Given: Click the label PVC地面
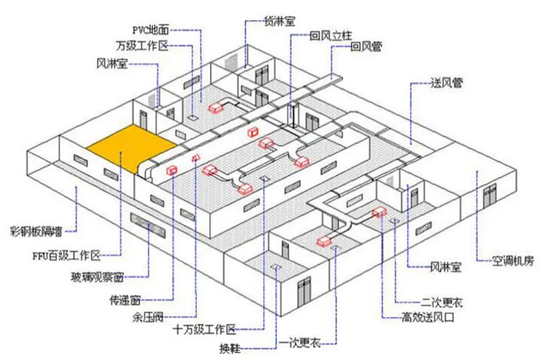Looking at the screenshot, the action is click(150, 30).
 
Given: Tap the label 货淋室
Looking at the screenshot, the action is click(280, 21).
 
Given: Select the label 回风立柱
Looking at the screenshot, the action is click(331, 35).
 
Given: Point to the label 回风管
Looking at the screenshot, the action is click(366, 46).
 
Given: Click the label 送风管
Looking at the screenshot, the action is click(447, 83).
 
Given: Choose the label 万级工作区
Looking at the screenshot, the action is click(143, 46).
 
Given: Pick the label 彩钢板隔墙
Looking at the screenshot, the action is click(36, 231).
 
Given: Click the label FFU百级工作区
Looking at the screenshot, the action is click(66, 256).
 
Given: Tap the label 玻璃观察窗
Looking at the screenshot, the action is click(97, 278).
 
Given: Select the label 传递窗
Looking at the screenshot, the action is click(125, 300).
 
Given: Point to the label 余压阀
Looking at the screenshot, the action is click(148, 318).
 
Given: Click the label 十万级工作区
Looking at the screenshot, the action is click(204, 330).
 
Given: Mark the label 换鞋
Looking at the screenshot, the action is click(230, 348).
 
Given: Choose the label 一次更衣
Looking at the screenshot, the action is click(300, 343).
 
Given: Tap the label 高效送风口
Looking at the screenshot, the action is click(428, 318).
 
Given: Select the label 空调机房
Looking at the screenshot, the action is click(513, 260).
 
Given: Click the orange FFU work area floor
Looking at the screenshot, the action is click(132, 148).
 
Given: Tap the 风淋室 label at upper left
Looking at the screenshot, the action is click(112, 64).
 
